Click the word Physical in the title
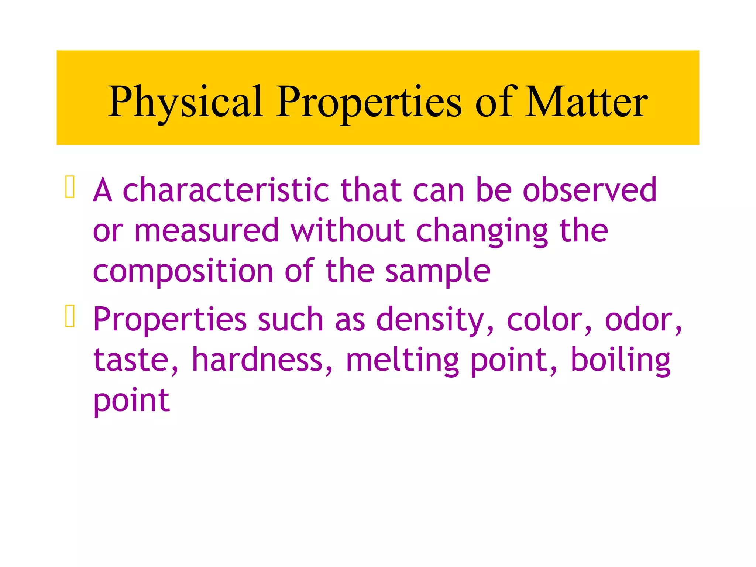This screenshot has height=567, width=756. coord(185,102)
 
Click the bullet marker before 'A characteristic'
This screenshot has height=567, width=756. coord(70,187)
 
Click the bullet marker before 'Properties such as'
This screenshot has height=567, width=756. coord(70,316)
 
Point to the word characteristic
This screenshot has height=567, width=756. coord(226,190)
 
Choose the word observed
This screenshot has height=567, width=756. coord(590,190)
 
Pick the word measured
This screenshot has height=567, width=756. coord(206,231)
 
